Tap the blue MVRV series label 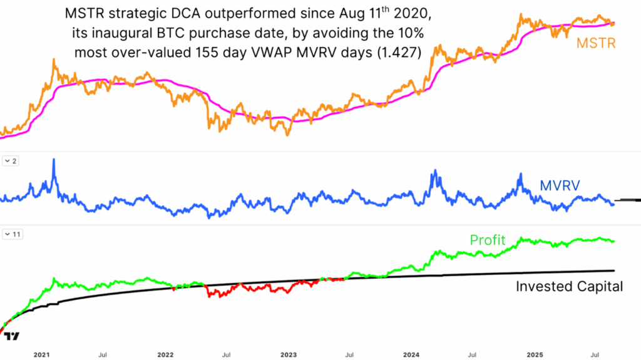(560, 185)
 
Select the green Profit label (487, 240)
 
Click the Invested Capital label (569, 286)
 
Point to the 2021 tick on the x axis (41, 354)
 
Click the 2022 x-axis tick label (165, 354)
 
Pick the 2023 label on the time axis (289, 354)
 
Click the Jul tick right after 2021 (102, 354)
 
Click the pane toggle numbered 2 (11, 162)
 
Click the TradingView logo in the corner (12, 336)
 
